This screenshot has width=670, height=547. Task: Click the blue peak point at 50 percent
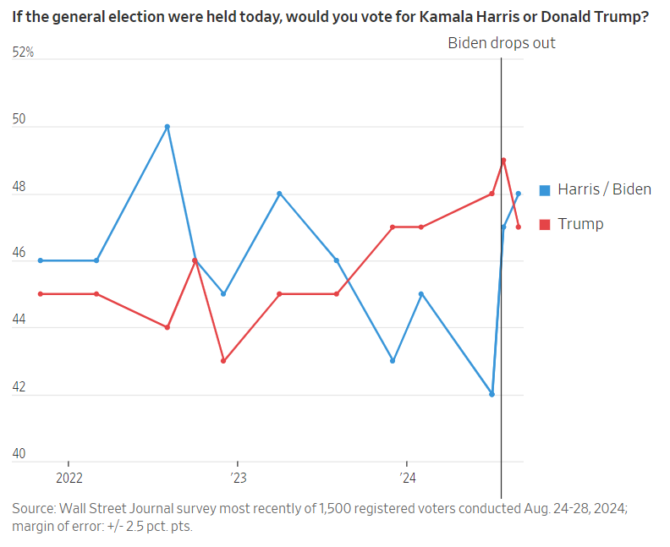tap(167, 127)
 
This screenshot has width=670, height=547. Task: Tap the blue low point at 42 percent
tap(492, 395)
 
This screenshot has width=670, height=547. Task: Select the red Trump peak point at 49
tap(503, 160)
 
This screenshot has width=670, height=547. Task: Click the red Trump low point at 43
tap(223, 361)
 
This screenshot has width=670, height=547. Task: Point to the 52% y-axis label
tap(23, 52)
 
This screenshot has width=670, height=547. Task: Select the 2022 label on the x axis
tap(69, 479)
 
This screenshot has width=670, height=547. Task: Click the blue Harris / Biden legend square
tap(545, 189)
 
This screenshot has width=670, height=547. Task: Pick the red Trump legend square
tap(545, 224)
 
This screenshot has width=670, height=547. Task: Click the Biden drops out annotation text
tap(501, 42)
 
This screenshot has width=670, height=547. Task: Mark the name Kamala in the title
tap(448, 16)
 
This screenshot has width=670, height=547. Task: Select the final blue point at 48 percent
tap(519, 194)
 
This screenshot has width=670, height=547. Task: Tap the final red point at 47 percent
tap(519, 227)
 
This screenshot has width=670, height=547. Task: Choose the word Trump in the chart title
tap(617, 16)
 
